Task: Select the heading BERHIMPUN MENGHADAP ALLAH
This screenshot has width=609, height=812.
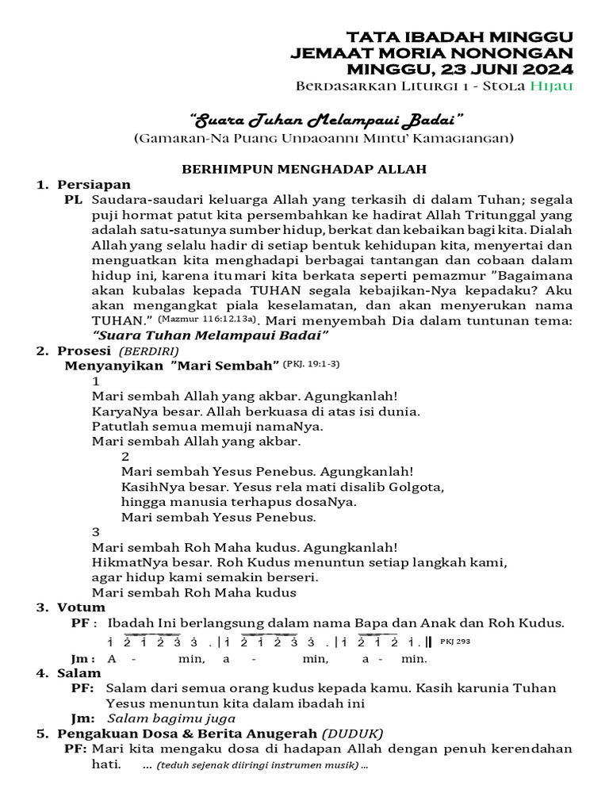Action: pyautogui.click(x=304, y=169)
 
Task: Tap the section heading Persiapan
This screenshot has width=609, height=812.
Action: pyautogui.click(x=94, y=185)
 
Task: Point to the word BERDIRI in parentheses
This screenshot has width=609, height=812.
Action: pyautogui.click(x=149, y=351)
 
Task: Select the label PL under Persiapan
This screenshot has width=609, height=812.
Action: pyautogui.click(x=73, y=200)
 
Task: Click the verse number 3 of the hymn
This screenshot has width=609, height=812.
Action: pyautogui.click(x=96, y=531)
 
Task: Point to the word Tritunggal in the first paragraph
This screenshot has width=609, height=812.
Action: pyautogui.click(x=511, y=214)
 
